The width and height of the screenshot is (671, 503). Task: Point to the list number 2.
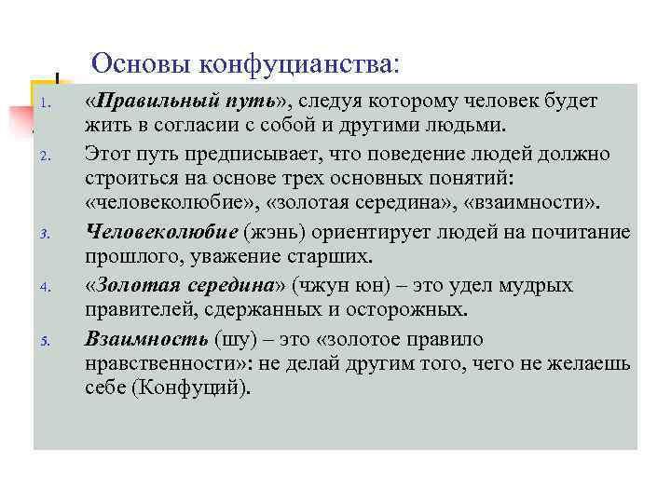click(x=44, y=156)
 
